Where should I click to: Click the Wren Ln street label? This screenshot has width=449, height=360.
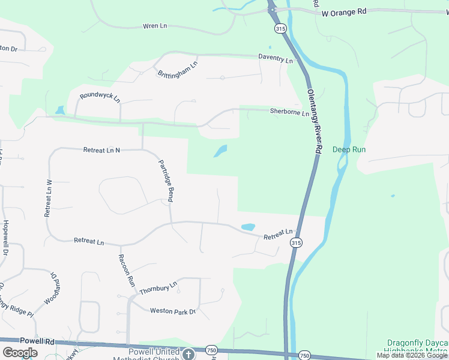[x=154, y=26]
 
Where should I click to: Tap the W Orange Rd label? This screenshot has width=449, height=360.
[x=344, y=12]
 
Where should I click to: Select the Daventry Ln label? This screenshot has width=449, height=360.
[x=276, y=59]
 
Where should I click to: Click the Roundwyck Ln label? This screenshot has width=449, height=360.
[x=100, y=95]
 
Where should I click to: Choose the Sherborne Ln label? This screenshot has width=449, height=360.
[x=289, y=112]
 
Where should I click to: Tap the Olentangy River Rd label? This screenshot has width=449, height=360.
[x=315, y=121]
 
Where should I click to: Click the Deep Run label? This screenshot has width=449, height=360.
[x=349, y=149]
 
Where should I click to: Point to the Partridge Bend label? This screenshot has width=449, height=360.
[x=166, y=180]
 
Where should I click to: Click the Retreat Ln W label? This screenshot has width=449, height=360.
[x=49, y=198]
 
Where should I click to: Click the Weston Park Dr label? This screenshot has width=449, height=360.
[x=173, y=311]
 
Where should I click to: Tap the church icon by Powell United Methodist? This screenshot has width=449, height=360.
[x=189, y=353]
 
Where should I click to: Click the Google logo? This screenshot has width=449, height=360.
[x=20, y=353]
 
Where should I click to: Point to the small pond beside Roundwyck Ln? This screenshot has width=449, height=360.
[x=60, y=110]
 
